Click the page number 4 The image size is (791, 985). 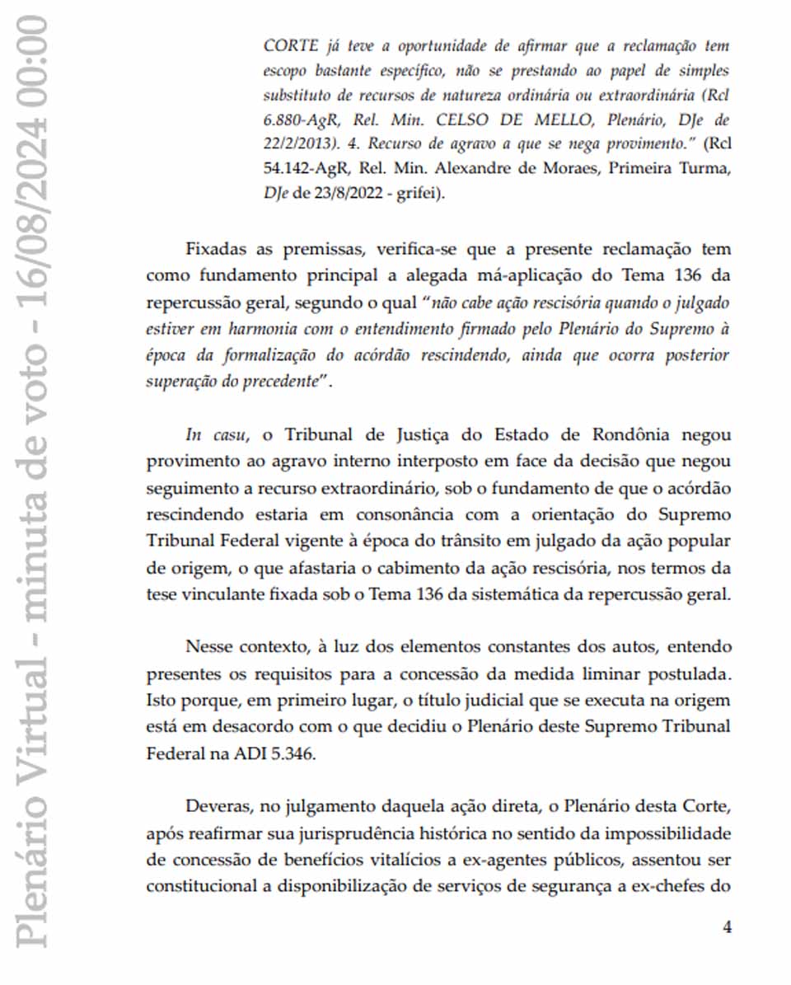click(x=727, y=927)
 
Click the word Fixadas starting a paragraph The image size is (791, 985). click(x=217, y=249)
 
